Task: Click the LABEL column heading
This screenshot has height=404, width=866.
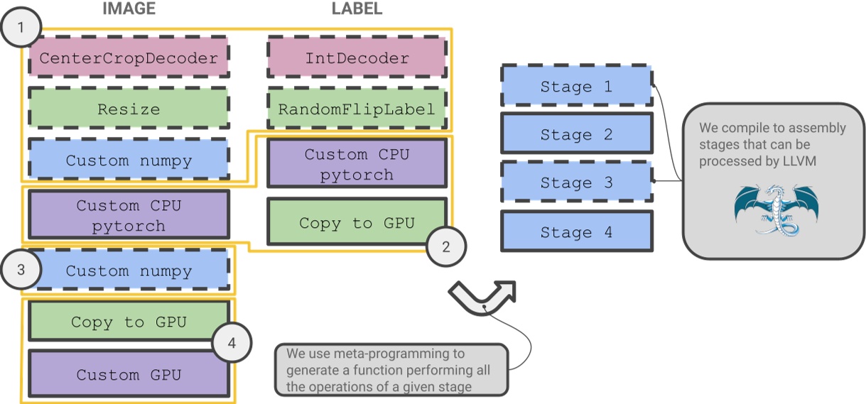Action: [357, 9]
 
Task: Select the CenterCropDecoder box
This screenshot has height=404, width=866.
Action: [129, 58]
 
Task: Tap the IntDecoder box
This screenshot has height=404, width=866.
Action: [357, 58]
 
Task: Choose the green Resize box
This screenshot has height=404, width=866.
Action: [129, 109]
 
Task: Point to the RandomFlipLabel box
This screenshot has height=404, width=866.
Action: [357, 109]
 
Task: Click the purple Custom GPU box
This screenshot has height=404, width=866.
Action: [129, 374]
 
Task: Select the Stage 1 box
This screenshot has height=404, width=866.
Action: [576, 87]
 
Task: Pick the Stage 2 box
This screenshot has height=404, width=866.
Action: [576, 134]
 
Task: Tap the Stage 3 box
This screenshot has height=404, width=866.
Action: [576, 182]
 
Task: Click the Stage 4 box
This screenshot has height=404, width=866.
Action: [576, 231]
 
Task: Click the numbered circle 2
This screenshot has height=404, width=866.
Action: [445, 247]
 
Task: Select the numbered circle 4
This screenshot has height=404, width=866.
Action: [232, 344]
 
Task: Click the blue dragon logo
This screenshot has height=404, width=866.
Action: [773, 208]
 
